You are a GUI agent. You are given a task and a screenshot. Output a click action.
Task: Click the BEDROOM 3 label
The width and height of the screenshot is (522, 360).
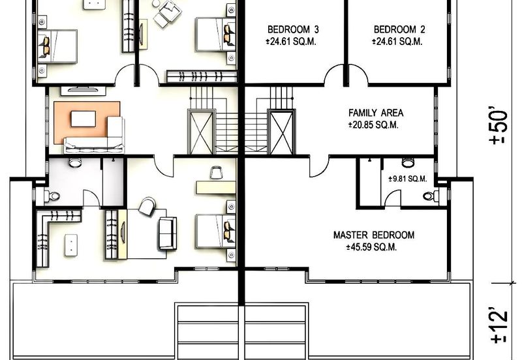pos(293,29)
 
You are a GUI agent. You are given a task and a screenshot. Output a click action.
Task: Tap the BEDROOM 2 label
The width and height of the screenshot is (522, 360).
pos(399,29)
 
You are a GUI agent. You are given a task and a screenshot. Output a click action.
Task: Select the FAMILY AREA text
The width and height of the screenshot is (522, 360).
pos(376,113)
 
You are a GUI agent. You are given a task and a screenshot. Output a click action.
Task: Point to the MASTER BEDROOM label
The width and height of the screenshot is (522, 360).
pos(373,235)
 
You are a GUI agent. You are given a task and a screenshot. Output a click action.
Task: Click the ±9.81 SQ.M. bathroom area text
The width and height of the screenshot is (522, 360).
pos(408,179)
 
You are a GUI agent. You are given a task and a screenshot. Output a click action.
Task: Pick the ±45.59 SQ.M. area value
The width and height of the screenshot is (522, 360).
pos(371,247)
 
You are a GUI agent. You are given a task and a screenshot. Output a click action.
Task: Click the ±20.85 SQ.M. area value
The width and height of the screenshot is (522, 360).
pos(373,125)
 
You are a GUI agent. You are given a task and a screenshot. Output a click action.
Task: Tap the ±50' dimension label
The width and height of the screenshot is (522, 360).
pos(499,125)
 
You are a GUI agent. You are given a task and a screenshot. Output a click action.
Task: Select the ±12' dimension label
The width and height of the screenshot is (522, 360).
pos(499,326)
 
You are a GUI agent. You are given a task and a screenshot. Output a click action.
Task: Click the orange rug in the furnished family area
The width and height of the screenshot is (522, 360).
pos(87,123)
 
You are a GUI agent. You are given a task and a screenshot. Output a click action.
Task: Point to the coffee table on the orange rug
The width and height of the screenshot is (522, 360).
pos(84,119)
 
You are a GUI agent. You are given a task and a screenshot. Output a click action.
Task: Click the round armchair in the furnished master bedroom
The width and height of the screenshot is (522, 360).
pos(147,206)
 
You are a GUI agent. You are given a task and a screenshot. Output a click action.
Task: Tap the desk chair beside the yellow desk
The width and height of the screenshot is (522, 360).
pos(216,173)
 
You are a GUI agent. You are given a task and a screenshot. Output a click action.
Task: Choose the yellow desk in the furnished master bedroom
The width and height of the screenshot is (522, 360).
pos(216,187)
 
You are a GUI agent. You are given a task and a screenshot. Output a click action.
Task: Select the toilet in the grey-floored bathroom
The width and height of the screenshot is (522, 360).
pos(52,196)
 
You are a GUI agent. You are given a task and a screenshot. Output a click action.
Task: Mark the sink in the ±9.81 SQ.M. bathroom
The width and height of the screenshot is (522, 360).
pos(408,162)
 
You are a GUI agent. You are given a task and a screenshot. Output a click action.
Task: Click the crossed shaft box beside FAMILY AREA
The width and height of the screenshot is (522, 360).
pos(281,132)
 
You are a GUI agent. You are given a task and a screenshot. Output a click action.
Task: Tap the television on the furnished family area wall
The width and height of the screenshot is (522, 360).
pos(84,89)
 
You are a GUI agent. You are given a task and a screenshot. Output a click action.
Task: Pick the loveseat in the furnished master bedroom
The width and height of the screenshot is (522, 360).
pos(168,233)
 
